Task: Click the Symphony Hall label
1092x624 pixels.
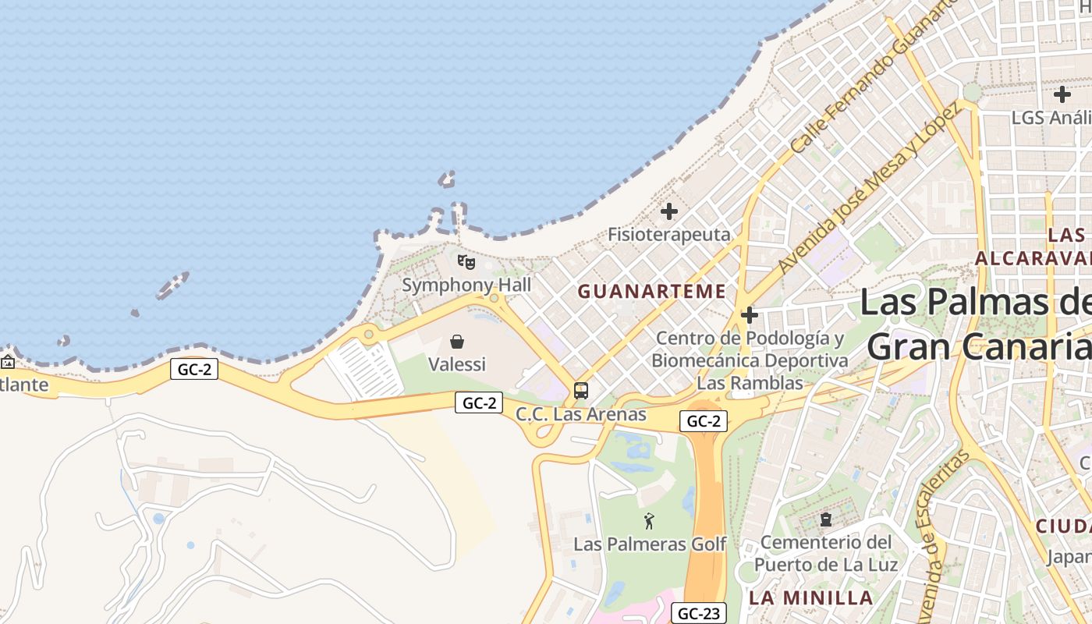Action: click(x=466, y=285)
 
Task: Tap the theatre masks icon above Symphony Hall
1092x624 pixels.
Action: click(x=466, y=262)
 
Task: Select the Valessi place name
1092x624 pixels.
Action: click(x=457, y=364)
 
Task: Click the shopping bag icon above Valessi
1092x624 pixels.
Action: click(x=457, y=342)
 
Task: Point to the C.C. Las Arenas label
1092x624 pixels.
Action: click(x=581, y=414)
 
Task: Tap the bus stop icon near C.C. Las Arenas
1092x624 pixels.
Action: click(x=581, y=391)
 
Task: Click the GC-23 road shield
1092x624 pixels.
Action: click(x=698, y=614)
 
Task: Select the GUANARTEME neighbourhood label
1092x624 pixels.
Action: click(x=652, y=292)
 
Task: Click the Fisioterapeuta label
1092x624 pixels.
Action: click(x=669, y=234)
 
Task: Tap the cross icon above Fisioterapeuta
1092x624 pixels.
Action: click(x=669, y=211)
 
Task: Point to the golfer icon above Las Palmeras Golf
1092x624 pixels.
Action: click(x=649, y=520)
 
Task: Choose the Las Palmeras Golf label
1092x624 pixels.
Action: click(x=650, y=544)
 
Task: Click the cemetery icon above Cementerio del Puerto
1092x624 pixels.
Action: click(x=826, y=519)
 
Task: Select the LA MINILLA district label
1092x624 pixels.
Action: click(x=811, y=598)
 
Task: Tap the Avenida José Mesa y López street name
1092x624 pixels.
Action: click(x=868, y=187)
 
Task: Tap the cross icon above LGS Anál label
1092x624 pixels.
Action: click(x=1062, y=95)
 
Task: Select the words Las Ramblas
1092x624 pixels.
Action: click(x=750, y=383)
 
